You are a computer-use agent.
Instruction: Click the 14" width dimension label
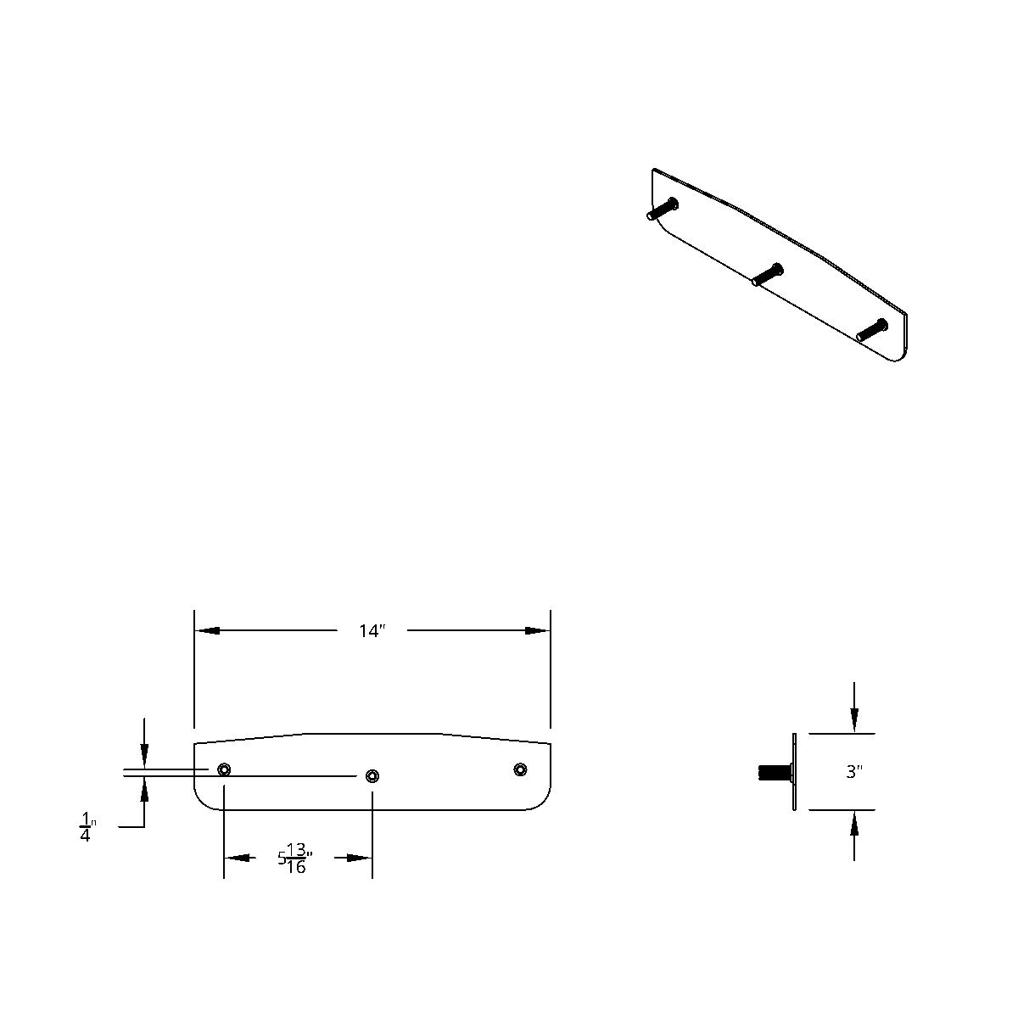coord(372,631)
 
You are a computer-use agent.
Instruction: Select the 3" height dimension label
coord(854,772)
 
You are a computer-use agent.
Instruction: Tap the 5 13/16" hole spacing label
coord(294,858)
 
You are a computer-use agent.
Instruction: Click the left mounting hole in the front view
coord(224,769)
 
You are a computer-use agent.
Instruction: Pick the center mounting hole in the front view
coord(372,775)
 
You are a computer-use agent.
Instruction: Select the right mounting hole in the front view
coord(520,769)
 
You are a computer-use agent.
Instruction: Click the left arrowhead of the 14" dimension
coord(207,631)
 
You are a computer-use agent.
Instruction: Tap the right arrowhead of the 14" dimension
coord(538,631)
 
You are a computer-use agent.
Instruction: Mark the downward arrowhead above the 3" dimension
coord(854,720)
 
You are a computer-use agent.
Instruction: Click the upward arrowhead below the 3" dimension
coord(854,823)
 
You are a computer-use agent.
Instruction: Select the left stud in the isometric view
coord(663,209)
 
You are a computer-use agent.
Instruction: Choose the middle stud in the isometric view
coord(767,275)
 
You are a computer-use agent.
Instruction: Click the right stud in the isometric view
coord(871,330)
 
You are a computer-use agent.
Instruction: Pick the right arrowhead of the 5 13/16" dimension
coord(361,858)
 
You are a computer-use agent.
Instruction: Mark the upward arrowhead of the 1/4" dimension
coord(145,789)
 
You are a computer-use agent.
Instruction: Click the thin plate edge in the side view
coord(795,772)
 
